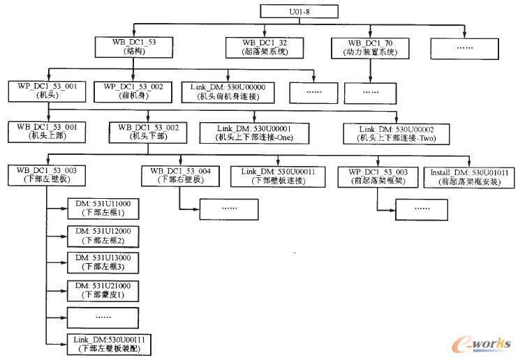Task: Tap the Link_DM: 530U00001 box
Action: [254, 133]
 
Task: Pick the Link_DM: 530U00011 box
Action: [276, 174]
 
